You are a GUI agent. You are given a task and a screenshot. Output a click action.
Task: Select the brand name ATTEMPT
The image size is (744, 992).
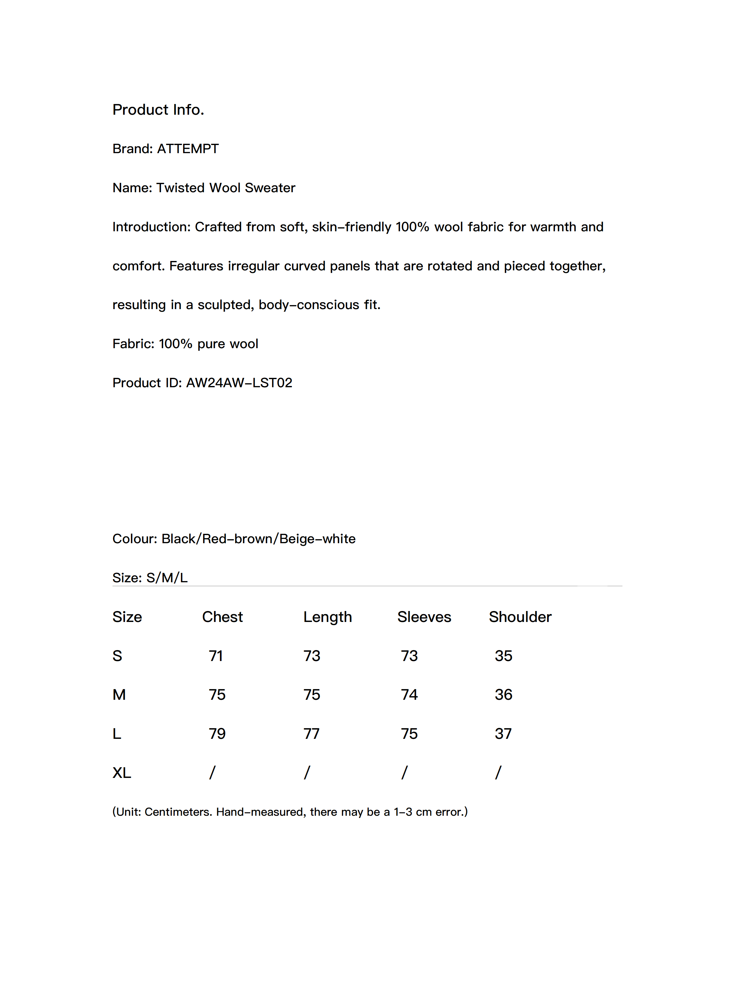(187, 148)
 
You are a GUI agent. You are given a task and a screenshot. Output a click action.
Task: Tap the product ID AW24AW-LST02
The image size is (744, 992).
(239, 383)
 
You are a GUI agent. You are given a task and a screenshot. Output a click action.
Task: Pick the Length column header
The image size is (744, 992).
(327, 617)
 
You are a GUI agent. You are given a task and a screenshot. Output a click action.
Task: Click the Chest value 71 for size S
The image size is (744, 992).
(216, 656)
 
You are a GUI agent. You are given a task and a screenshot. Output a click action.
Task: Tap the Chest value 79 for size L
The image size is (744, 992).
(217, 734)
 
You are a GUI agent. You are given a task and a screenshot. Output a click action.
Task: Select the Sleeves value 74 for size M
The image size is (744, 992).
(409, 695)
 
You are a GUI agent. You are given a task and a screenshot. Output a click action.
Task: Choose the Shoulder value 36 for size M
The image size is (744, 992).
(503, 695)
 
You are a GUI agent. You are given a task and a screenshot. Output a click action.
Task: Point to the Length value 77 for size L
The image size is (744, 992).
(311, 734)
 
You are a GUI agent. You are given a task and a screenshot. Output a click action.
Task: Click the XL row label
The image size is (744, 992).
(122, 773)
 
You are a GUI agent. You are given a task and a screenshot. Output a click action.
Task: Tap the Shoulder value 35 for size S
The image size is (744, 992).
(503, 656)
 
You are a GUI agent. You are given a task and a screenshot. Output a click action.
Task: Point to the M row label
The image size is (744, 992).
(119, 695)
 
